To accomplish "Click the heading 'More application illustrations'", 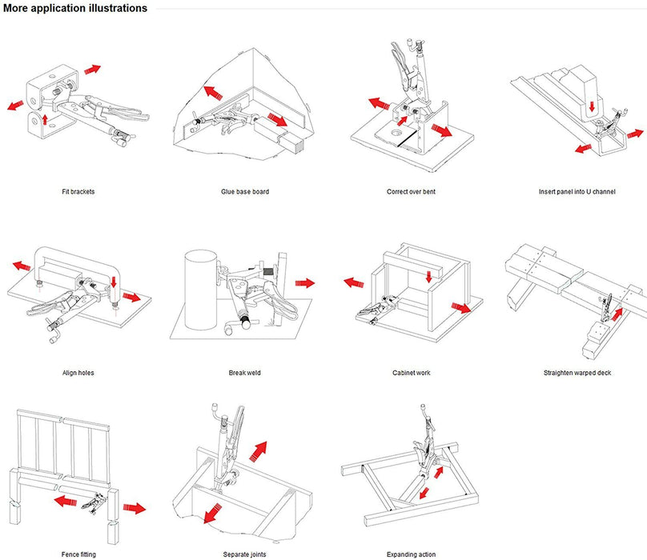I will [74, 8].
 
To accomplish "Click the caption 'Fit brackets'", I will [78, 192].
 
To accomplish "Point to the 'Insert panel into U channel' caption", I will [577, 192].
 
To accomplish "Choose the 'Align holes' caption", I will [78, 373].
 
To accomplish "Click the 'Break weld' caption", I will [244, 373].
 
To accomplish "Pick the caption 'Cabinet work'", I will [411, 373].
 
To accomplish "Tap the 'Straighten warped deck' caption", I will [577, 373].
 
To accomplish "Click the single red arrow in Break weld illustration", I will [304, 282].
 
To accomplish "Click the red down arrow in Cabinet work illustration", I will [429, 277].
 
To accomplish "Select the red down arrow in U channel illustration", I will [589, 106].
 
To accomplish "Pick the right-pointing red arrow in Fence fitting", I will [135, 508].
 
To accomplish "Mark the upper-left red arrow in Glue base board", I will [212, 92].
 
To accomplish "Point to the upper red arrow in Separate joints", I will [257, 450].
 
